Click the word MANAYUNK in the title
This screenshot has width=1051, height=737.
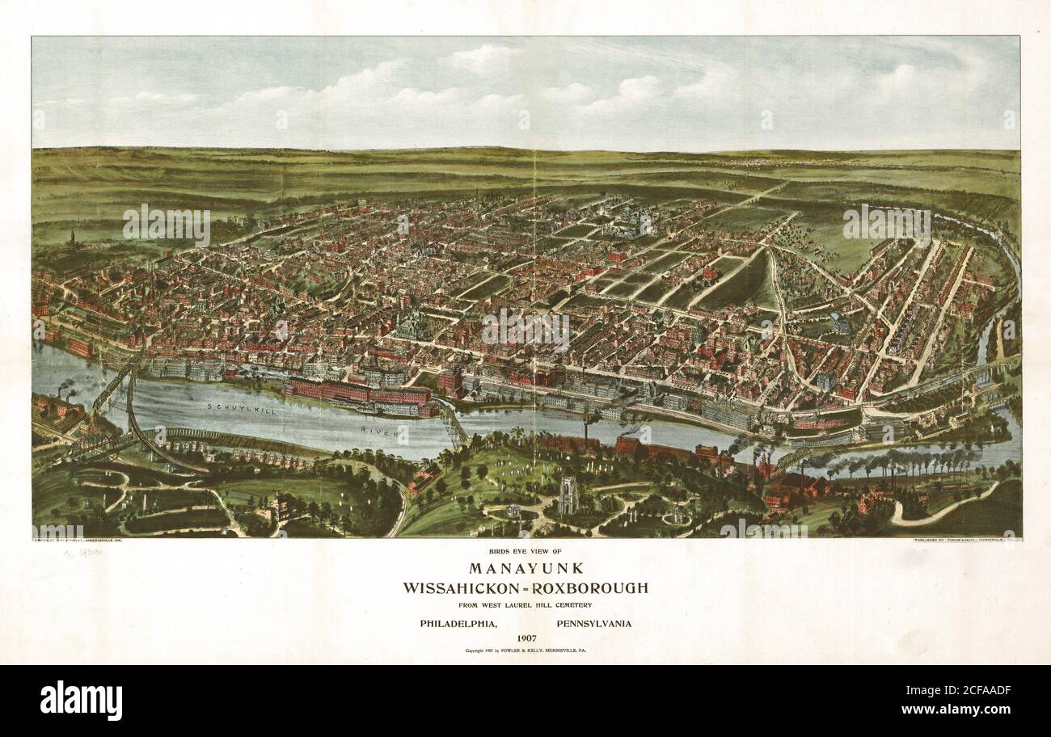(525, 568)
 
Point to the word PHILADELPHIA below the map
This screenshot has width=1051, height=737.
(457, 623)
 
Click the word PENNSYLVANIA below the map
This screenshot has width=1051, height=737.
(593, 623)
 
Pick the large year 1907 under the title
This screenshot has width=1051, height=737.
(525, 638)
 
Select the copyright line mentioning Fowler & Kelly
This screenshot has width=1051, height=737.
(525, 650)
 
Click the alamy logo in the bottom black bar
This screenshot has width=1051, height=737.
(81, 700)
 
